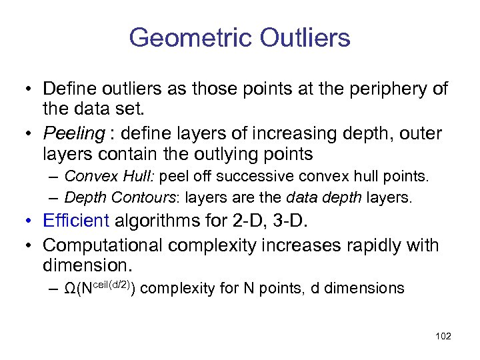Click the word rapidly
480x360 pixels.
[355, 245]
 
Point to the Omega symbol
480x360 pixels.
[72, 289]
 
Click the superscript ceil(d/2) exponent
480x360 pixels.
[113, 285]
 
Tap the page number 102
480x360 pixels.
[443, 336]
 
